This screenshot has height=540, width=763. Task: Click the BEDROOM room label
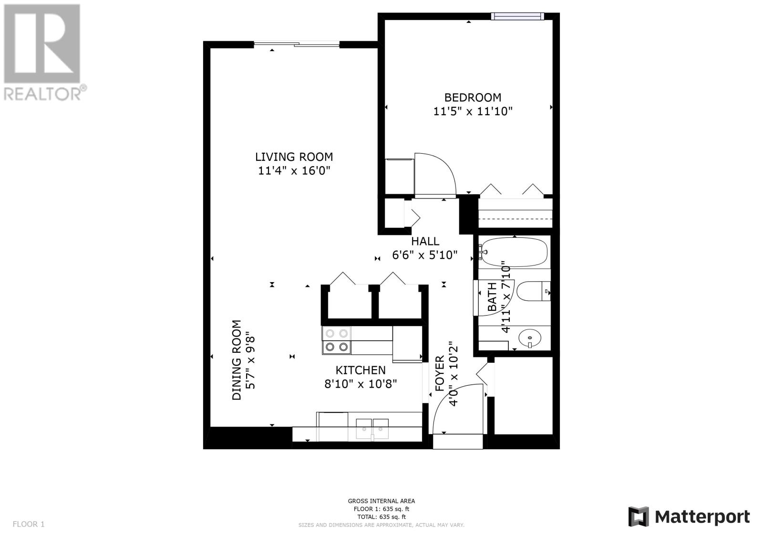click(x=473, y=98)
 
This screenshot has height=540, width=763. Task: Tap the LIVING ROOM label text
click(x=294, y=157)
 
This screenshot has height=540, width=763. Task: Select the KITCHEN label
click(x=361, y=370)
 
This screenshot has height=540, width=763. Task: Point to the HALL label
click(x=425, y=242)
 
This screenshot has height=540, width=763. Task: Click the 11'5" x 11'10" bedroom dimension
click(x=473, y=112)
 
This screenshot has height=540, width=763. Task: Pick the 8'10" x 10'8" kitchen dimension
click(x=361, y=384)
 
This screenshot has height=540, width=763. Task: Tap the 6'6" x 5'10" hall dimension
click(x=425, y=255)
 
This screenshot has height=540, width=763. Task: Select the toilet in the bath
click(x=533, y=291)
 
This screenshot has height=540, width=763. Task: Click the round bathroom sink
click(x=530, y=338)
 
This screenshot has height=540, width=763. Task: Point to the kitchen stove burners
click(x=337, y=340)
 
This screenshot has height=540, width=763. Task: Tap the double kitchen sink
click(x=372, y=429)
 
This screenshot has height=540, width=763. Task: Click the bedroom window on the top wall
click(x=517, y=16)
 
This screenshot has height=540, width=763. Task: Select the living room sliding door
click(x=297, y=44)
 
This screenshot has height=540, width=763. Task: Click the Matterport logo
click(x=689, y=517)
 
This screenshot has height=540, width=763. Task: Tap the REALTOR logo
click(x=45, y=53)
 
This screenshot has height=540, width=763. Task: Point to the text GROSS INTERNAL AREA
click(x=381, y=501)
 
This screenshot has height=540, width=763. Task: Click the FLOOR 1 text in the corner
click(x=29, y=524)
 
